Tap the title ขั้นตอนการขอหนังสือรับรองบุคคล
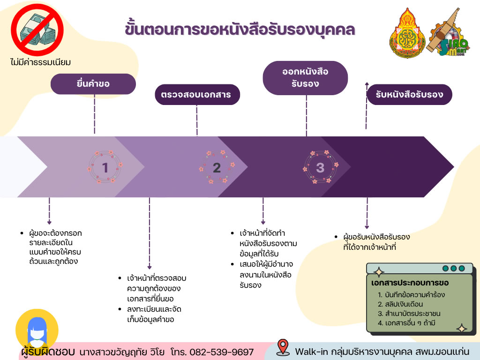[240, 29]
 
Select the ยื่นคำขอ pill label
[93, 84]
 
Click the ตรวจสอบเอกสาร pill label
[196, 95]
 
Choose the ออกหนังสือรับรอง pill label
[305, 78]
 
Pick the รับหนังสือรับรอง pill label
[409, 94]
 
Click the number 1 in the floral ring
[105, 167]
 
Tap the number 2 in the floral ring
[217, 167]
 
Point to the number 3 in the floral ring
[320, 167]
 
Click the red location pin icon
[282, 347]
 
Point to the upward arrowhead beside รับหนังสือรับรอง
[367, 84]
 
